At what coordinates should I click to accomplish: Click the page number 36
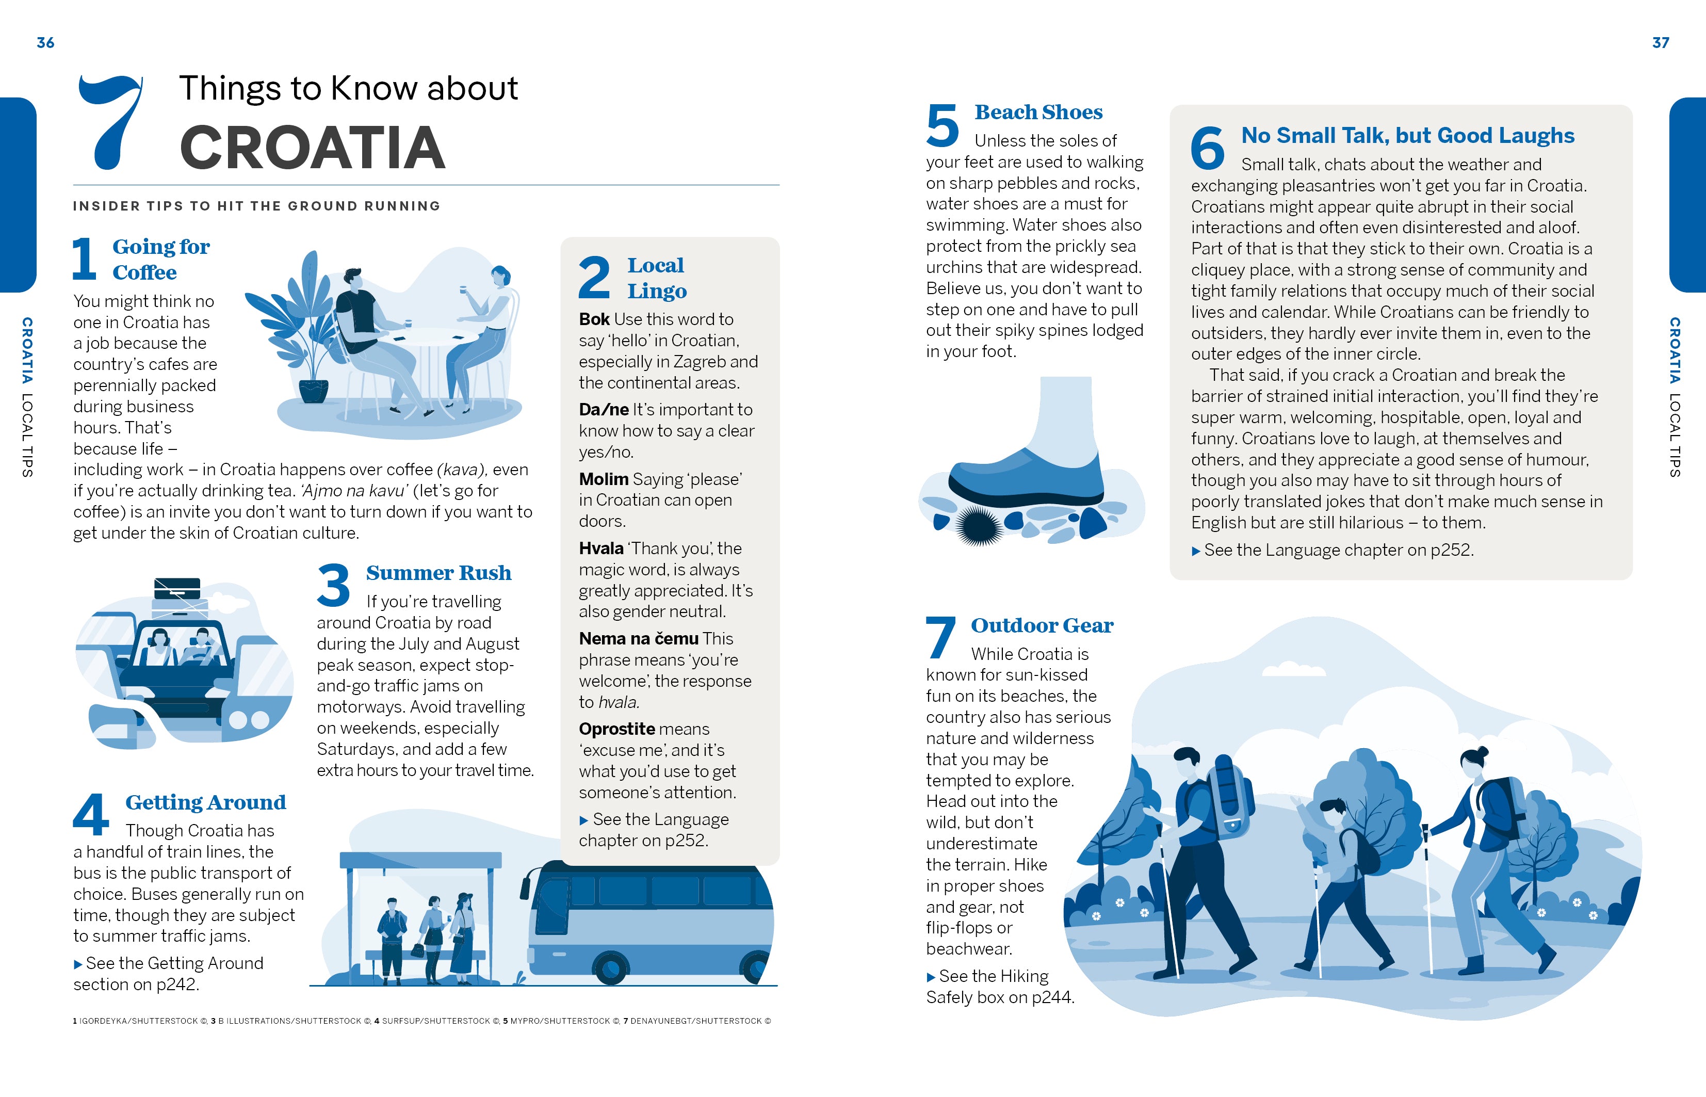pyautogui.click(x=45, y=43)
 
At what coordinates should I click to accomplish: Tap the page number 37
pyautogui.click(x=1661, y=43)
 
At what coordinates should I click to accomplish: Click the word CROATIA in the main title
pyautogui.click(x=313, y=148)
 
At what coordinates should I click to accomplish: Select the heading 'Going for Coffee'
pyautogui.click(x=161, y=260)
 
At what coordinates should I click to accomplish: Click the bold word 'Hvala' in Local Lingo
pyautogui.click(x=601, y=548)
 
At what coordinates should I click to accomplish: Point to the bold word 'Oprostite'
pyautogui.click(x=616, y=729)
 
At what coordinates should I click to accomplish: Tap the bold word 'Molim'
pyautogui.click(x=603, y=479)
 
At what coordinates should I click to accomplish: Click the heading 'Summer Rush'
pyautogui.click(x=438, y=573)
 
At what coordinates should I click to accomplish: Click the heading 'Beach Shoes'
pyautogui.click(x=1038, y=112)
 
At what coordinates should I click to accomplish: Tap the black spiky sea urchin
pyautogui.click(x=979, y=526)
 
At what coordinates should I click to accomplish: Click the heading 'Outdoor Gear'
pyautogui.click(x=1042, y=625)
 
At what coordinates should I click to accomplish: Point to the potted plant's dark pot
pyautogui.click(x=313, y=391)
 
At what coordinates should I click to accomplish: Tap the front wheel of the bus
pyautogui.click(x=610, y=968)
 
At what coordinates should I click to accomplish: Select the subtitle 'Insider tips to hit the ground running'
pyautogui.click(x=256, y=206)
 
